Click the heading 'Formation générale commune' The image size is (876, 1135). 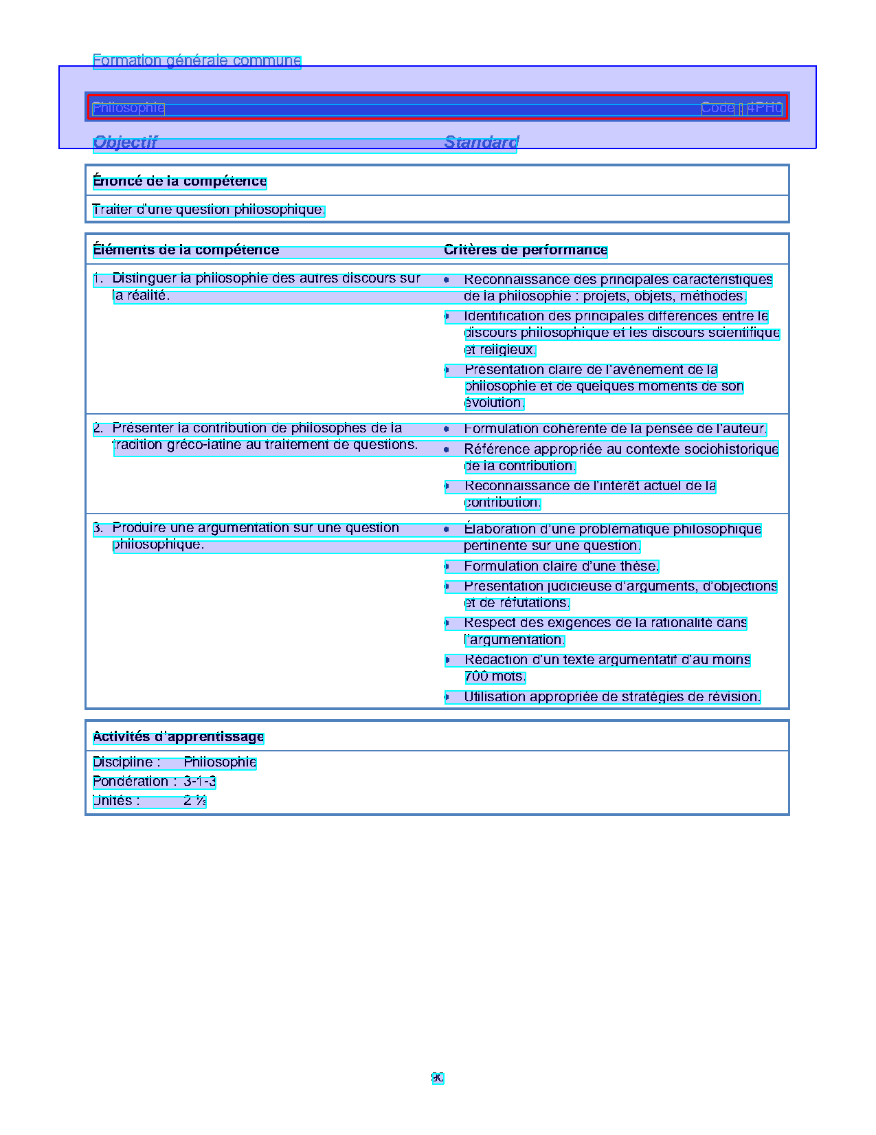[x=196, y=60]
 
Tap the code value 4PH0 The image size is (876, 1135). [x=765, y=108]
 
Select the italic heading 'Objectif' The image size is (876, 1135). [x=125, y=142]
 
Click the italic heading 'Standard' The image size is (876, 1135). [x=481, y=142]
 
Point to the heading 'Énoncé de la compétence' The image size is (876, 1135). [x=179, y=181]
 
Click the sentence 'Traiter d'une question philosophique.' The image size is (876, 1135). [x=208, y=210]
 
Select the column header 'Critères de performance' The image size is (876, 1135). [x=526, y=250]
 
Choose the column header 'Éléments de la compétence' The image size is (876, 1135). [x=186, y=250]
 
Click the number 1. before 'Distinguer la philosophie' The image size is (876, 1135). [x=98, y=278]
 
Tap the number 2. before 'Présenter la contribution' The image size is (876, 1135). [x=98, y=428]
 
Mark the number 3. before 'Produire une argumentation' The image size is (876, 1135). [x=98, y=528]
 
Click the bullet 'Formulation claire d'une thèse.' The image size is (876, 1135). [x=561, y=566]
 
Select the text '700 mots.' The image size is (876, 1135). [x=495, y=676]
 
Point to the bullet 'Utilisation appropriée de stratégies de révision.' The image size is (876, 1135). [x=611, y=697]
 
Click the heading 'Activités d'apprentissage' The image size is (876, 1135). [x=179, y=737]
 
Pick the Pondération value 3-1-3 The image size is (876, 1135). [x=199, y=782]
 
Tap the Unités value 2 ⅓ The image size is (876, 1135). [x=194, y=801]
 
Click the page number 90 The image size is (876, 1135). [x=438, y=1078]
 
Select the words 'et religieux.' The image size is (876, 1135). [x=500, y=350]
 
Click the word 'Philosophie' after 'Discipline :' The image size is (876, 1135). [x=220, y=762]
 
